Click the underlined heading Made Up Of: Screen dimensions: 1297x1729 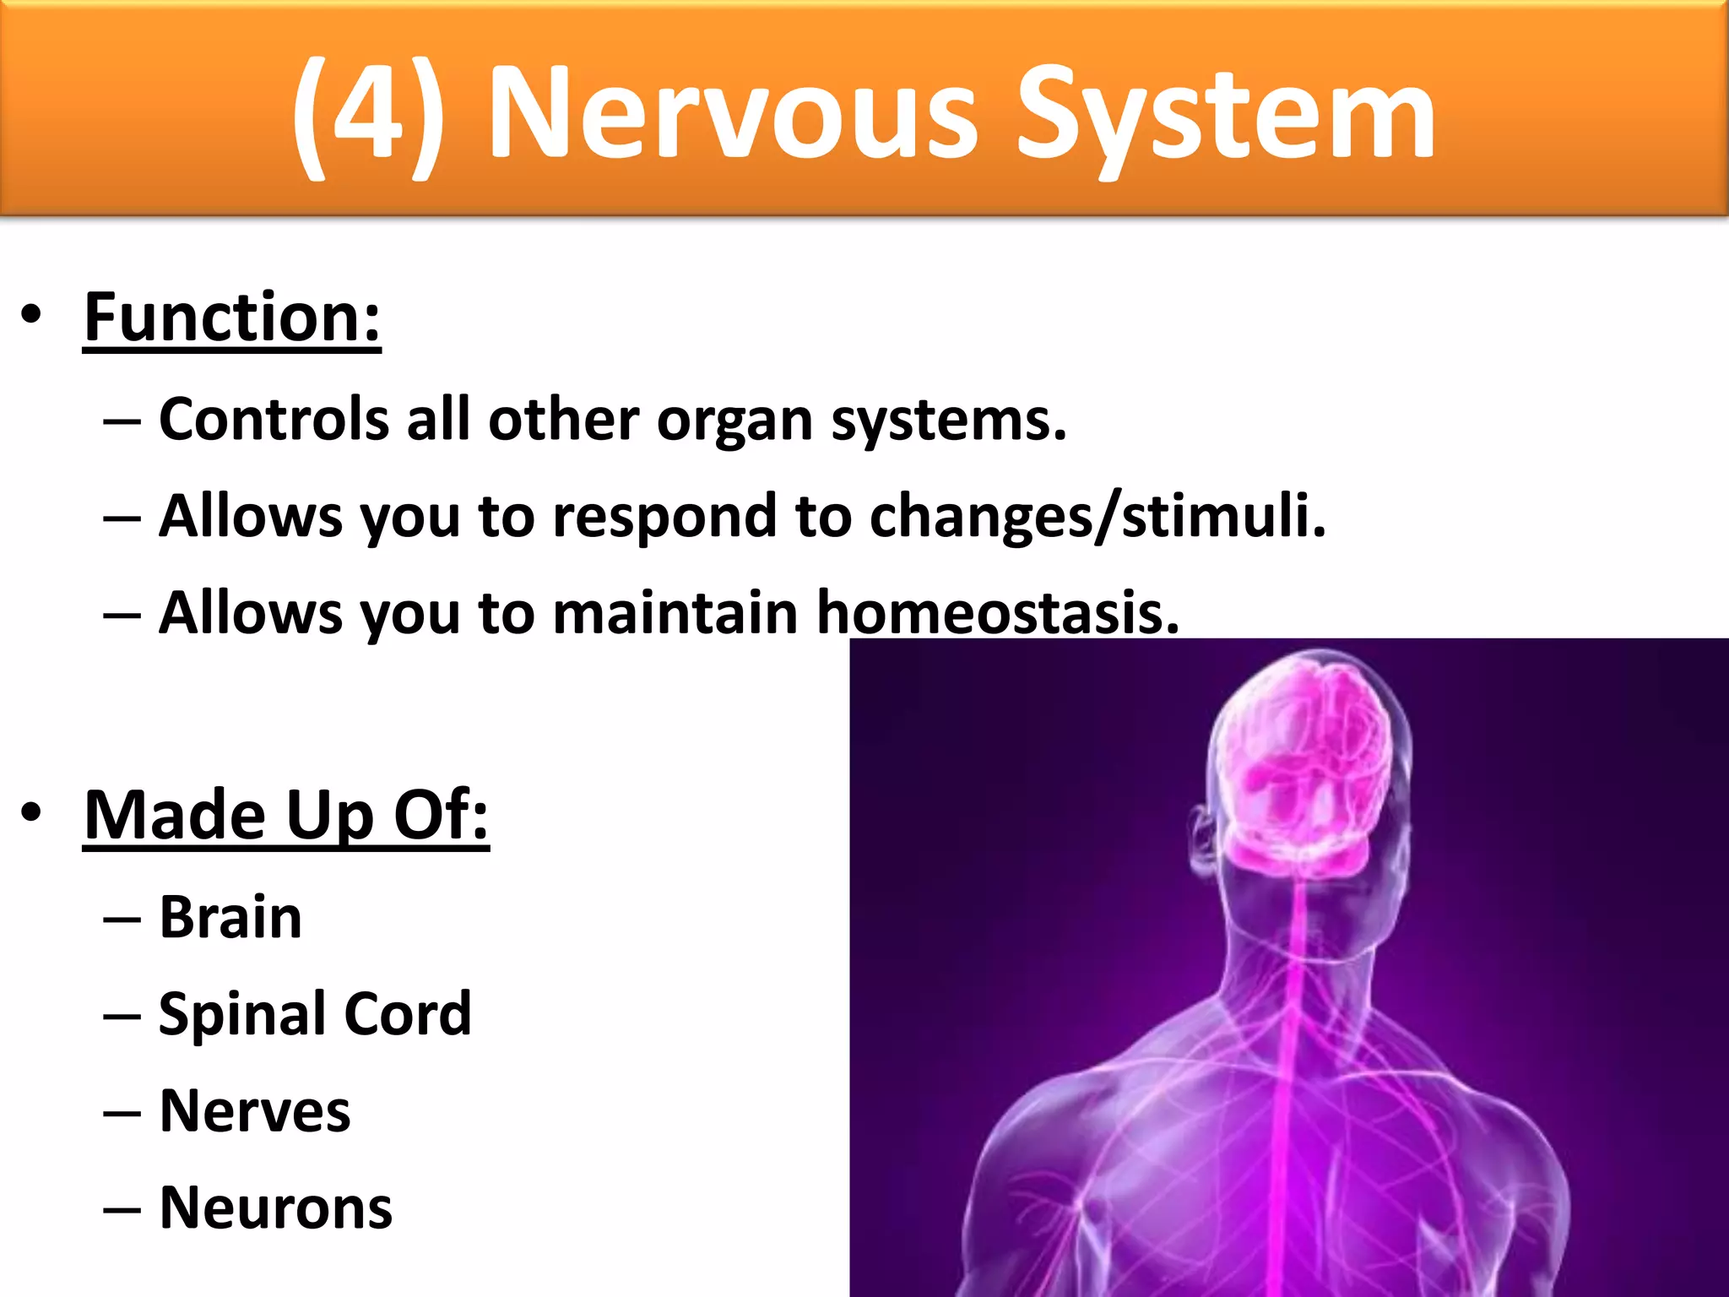[286, 816]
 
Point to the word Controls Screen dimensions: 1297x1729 [274, 420]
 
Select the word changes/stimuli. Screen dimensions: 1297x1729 [1098, 516]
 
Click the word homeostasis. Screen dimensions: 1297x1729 [998, 612]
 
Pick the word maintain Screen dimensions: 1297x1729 [675, 612]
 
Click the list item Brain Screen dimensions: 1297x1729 [230, 918]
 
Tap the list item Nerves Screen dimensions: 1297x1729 [254, 1111]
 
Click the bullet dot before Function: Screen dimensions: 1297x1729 [31, 315]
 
